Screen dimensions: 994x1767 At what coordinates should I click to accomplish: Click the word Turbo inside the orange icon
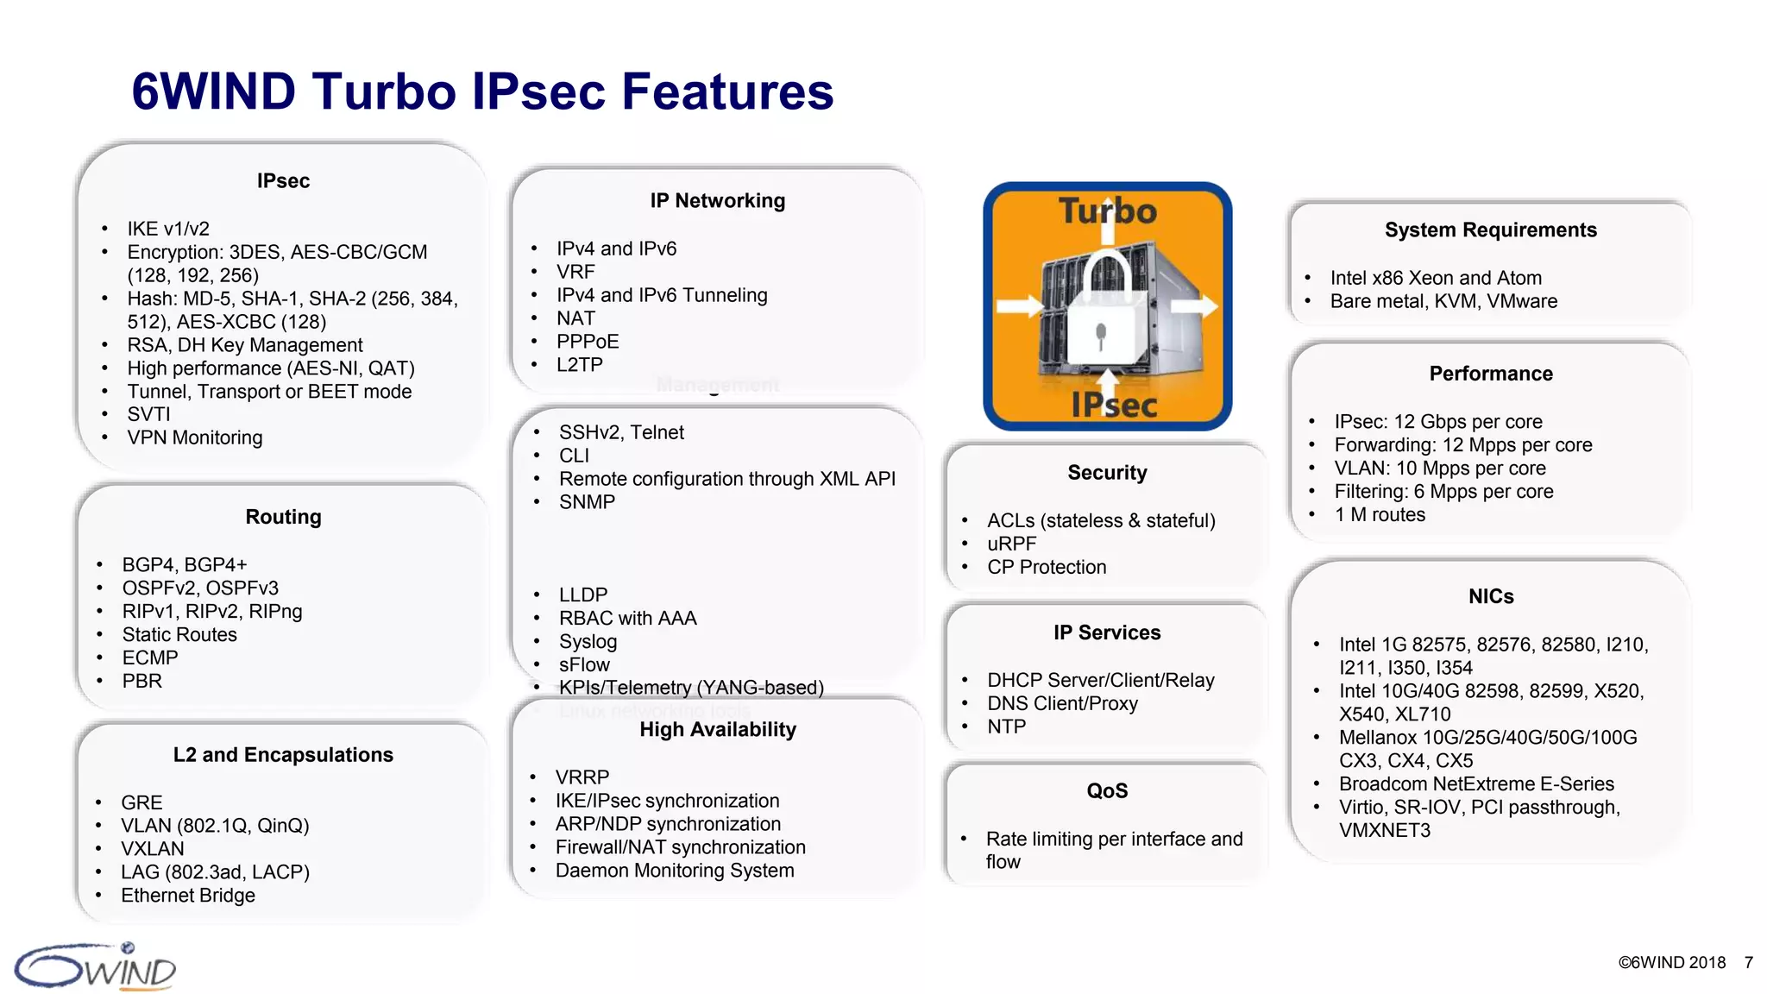pos(1107,211)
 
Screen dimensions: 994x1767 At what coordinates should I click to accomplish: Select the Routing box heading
pos(283,517)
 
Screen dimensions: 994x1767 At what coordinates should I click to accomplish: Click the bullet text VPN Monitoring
pos(194,437)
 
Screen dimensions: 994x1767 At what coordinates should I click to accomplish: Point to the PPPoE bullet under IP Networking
pos(587,342)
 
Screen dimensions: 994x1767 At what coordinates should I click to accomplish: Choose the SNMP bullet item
pos(587,502)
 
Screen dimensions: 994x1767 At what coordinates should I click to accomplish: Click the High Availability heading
pos(717,730)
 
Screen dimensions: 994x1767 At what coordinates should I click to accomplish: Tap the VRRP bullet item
pos(582,777)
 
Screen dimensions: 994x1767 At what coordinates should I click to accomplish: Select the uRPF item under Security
pos(1011,544)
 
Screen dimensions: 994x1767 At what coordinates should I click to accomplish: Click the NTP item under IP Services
pos(1006,727)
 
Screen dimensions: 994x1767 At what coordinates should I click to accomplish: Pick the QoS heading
pos(1107,791)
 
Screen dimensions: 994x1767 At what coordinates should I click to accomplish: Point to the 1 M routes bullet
pos(1380,515)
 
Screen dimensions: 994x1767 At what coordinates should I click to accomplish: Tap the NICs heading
pos(1490,597)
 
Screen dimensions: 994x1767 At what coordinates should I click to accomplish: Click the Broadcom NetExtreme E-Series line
pos(1475,784)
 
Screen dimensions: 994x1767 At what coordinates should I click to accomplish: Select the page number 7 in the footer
pos(1748,963)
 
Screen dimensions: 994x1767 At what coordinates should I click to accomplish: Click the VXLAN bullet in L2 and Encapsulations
pos(152,849)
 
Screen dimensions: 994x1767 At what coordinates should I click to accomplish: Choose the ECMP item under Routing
pos(150,658)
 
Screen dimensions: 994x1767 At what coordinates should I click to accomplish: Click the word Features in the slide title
pos(726,91)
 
